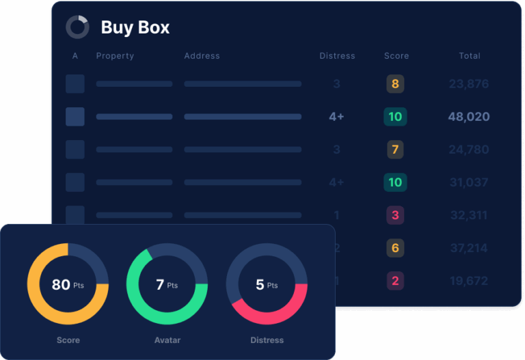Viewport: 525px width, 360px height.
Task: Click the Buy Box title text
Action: point(135,27)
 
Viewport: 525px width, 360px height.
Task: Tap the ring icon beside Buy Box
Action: point(77,27)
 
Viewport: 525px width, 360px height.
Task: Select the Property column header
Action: point(115,56)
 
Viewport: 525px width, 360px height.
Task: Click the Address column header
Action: point(202,56)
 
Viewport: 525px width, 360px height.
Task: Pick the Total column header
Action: point(470,56)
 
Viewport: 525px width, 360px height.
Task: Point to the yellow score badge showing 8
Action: point(395,84)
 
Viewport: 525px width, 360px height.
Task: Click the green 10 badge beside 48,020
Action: point(395,117)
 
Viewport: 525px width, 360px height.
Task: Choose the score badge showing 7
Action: point(395,150)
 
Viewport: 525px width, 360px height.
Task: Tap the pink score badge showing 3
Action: point(395,215)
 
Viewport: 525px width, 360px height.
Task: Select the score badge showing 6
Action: point(395,248)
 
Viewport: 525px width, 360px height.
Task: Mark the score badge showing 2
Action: point(395,281)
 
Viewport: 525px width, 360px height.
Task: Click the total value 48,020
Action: point(469,117)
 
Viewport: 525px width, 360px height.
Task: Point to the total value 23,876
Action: point(469,84)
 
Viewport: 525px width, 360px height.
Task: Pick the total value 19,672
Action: point(469,281)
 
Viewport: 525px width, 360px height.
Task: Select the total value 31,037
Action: point(469,182)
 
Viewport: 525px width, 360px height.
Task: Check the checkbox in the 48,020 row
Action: point(75,117)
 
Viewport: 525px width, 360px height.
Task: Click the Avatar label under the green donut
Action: point(167,340)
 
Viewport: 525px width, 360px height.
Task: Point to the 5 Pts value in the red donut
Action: point(267,284)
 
